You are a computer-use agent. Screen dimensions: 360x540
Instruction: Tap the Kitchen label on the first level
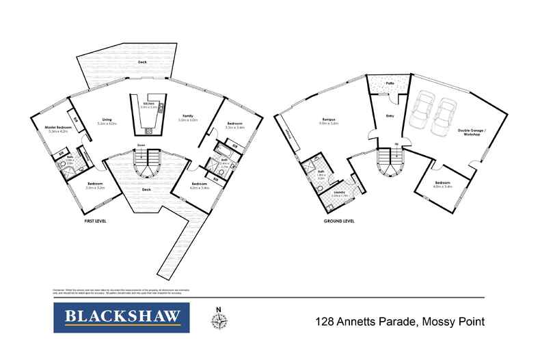point(149,105)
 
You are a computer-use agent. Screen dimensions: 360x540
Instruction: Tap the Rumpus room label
point(330,121)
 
